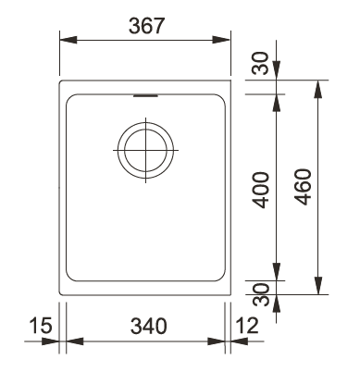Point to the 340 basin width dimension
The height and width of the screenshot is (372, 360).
tap(147, 326)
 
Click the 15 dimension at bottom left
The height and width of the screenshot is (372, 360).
tap(38, 326)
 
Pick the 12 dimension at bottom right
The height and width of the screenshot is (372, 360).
tap(248, 326)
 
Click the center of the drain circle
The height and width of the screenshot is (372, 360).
tap(144, 147)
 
